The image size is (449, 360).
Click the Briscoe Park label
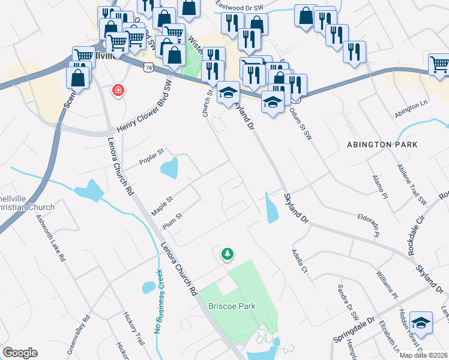232,306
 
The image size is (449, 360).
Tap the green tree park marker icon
228,255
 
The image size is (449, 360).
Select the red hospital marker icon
119,91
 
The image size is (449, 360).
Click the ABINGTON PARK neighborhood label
382,145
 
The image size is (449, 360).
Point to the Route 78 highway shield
148,68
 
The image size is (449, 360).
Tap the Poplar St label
151,157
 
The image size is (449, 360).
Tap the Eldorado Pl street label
367,221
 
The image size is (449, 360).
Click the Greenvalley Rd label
78,334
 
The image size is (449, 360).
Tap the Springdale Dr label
354,330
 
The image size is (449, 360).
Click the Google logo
20,353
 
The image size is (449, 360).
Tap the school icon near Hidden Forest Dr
422,323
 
